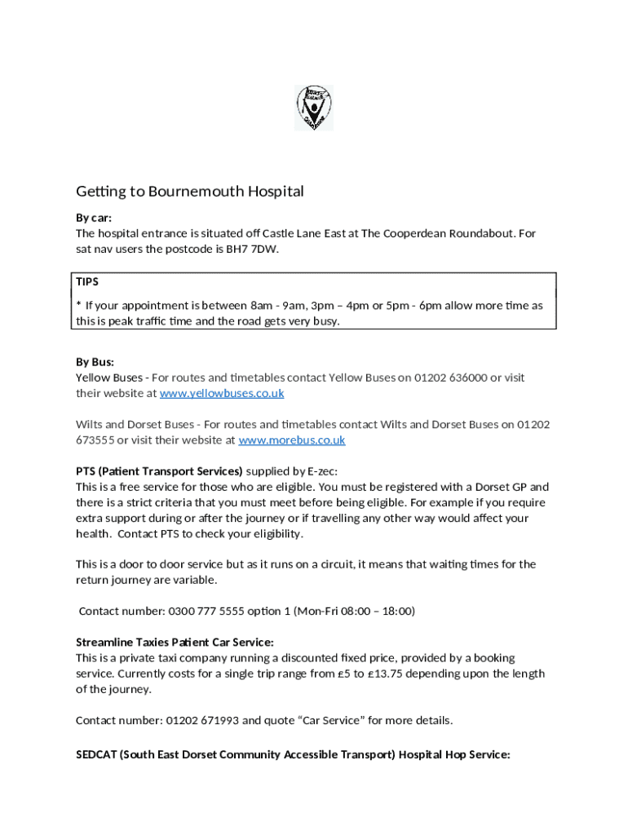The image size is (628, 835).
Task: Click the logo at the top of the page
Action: pos(314,108)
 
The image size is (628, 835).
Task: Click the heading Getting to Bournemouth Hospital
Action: pos(189,192)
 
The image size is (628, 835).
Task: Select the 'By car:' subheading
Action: pos(94,218)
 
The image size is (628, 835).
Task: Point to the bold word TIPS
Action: pos(87,281)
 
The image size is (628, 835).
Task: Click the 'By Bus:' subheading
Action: pos(95,361)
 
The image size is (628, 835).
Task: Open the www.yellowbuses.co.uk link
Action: pos(222,393)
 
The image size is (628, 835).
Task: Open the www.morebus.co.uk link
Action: pos(291,440)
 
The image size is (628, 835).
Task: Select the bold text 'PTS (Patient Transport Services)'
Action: pos(159,471)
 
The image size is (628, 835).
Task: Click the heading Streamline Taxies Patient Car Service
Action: pos(175,642)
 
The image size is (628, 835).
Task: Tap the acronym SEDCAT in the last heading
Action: pos(96,754)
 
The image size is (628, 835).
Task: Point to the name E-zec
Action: pos(321,471)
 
